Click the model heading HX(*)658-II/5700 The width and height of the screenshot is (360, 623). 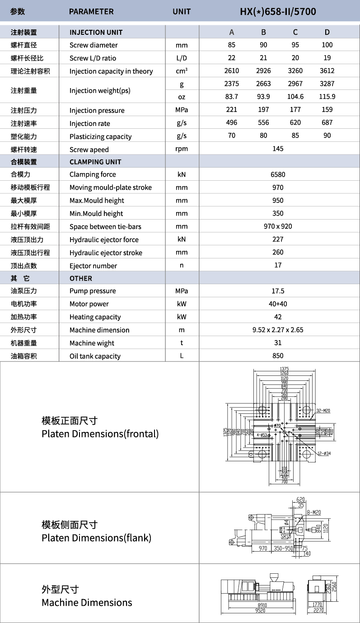278,11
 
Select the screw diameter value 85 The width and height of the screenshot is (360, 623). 232,45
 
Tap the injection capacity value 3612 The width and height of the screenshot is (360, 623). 327,70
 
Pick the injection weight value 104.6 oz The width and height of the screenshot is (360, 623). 295,97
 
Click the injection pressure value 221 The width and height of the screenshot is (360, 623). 232,110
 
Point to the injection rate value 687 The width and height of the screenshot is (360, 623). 327,122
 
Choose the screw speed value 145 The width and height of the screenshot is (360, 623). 278,149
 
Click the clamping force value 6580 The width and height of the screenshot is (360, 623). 278,174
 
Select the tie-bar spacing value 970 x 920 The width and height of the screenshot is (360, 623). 278,226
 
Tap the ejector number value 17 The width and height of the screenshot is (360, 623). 278,265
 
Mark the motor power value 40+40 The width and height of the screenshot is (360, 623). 278,304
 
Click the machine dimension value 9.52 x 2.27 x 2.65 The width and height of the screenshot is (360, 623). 278,330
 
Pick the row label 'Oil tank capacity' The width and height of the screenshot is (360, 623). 95,356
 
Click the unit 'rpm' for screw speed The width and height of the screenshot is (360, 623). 182,149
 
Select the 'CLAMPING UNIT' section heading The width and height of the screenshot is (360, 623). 95,162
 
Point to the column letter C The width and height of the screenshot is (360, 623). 295,32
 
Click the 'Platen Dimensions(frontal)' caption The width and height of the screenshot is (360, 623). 100,434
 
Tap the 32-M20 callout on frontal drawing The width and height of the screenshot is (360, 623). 323,411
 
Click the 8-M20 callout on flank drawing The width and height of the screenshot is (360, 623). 313,512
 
